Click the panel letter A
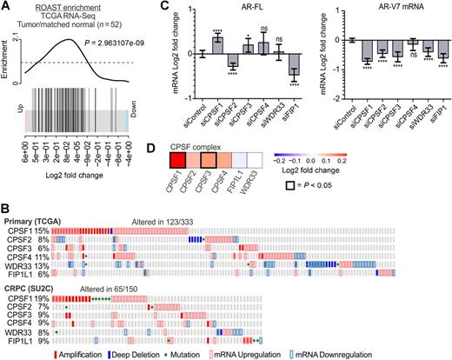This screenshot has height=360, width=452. click(x=6, y=7)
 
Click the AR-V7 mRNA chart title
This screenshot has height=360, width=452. click(x=387, y=7)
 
